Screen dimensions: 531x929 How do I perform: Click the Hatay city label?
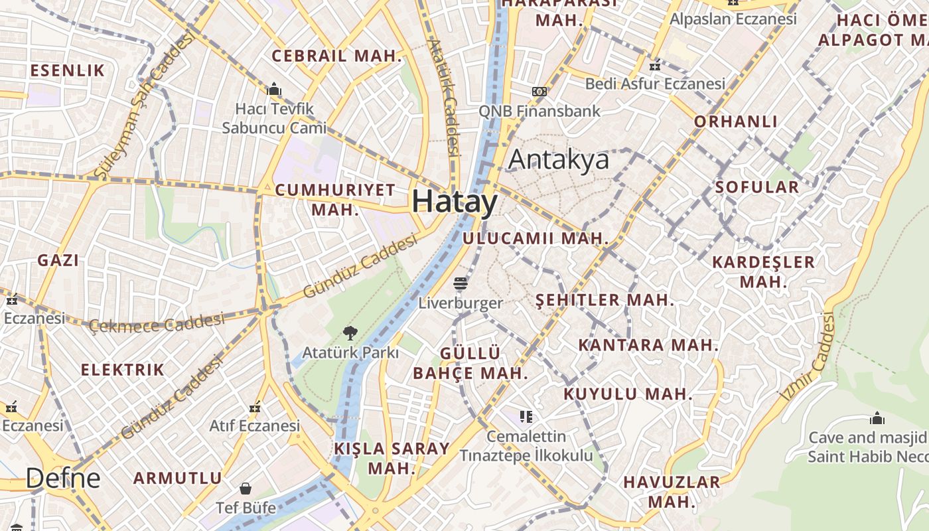[x=455, y=201]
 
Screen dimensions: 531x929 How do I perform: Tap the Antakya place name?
[x=558, y=160]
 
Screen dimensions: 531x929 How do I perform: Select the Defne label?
[x=63, y=478]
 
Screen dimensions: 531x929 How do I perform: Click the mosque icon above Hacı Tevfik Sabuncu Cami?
[x=274, y=89]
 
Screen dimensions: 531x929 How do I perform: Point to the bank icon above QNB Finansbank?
[x=539, y=92]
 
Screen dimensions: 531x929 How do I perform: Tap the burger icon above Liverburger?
[x=461, y=284]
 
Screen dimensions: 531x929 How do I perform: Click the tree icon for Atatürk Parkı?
[x=350, y=333]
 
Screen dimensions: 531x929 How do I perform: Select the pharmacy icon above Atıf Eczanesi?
[x=255, y=407]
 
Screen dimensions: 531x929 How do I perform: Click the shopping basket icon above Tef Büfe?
[x=245, y=489]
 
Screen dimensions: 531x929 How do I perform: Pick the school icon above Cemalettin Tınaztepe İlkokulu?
[x=526, y=417]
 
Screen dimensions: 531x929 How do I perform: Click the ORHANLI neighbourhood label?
[x=736, y=121]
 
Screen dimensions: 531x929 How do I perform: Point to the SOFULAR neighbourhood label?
[x=757, y=187]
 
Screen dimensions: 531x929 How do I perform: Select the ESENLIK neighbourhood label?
[x=68, y=70]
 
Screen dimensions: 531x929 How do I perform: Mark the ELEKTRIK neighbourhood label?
[x=122, y=370]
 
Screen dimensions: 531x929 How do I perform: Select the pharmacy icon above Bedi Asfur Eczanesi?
[x=655, y=66]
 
